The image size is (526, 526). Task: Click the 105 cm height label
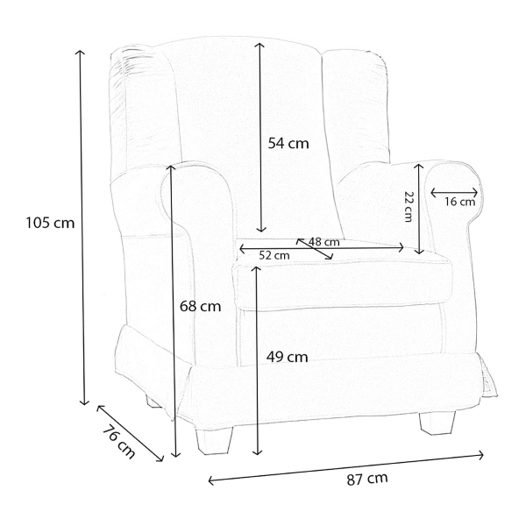(50, 223)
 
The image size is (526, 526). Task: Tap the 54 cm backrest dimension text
(288, 144)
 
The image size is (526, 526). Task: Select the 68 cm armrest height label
(200, 306)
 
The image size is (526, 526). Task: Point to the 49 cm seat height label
(288, 357)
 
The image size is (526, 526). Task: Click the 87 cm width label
(367, 479)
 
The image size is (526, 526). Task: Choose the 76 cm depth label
(118, 442)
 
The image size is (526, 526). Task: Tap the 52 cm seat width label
(274, 256)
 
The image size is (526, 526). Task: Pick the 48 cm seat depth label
(324, 242)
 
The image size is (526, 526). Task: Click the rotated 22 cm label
(408, 206)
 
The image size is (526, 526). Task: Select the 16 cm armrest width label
(460, 202)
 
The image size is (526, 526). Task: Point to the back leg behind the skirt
(153, 402)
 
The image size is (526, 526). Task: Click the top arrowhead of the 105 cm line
(80, 52)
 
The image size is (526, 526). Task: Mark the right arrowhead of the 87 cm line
(480, 455)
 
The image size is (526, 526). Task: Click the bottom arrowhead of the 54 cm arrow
(261, 230)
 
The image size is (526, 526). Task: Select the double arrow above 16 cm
(454, 193)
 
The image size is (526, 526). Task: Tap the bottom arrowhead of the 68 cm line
(176, 454)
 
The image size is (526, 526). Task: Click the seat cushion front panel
(342, 285)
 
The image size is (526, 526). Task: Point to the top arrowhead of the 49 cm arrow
(257, 269)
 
